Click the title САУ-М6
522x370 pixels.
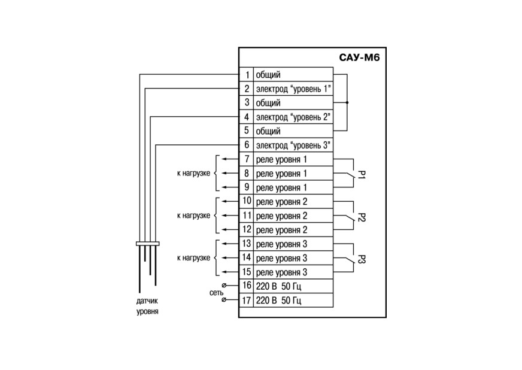(x=359, y=57)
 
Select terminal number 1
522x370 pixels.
(x=247, y=75)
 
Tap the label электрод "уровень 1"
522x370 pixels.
(x=293, y=89)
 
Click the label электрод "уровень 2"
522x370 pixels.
(x=293, y=117)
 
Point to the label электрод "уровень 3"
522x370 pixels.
(x=293, y=145)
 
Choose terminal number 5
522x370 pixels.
(x=247, y=131)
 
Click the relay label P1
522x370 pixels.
(x=362, y=174)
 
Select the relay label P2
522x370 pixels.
(x=362, y=217)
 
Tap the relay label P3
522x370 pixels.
(x=362, y=259)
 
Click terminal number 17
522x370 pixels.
(x=247, y=301)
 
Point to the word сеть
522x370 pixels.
(x=216, y=293)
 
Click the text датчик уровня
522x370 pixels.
(x=147, y=307)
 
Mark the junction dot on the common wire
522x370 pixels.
(x=347, y=102)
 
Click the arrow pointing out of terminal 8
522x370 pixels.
(x=230, y=173)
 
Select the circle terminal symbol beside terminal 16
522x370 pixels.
(x=224, y=286)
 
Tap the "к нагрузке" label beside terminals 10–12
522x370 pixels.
(x=193, y=216)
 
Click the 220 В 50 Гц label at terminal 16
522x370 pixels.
(x=278, y=286)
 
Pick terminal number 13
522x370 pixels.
(x=247, y=244)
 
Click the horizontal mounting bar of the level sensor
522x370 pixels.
(x=148, y=244)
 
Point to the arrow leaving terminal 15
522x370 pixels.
(x=230, y=272)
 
